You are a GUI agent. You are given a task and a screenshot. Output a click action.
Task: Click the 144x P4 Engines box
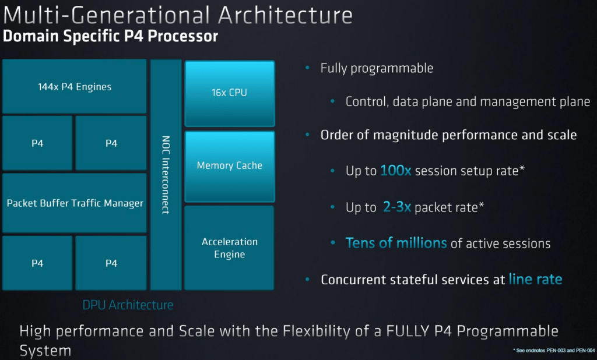click(74, 86)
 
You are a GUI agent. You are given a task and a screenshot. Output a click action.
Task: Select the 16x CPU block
click(230, 93)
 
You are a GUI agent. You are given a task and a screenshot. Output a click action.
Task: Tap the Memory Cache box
click(230, 166)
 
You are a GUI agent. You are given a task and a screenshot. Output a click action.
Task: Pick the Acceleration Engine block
click(229, 248)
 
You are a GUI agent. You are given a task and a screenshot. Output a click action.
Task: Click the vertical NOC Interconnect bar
click(166, 175)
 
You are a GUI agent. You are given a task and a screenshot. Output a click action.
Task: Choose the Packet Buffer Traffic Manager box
click(74, 203)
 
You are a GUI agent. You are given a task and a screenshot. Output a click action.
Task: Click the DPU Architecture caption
click(128, 305)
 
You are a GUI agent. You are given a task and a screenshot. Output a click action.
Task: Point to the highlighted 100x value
click(396, 171)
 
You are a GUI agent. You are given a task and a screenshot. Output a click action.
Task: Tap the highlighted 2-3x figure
click(396, 207)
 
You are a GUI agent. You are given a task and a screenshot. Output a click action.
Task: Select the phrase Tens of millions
click(396, 243)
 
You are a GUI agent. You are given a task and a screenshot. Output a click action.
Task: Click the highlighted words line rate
click(535, 279)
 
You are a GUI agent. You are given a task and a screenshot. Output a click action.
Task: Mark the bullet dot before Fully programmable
click(308, 68)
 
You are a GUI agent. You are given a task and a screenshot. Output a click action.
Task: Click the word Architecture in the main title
click(285, 15)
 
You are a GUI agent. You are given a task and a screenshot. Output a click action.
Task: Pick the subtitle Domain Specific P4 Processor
click(110, 36)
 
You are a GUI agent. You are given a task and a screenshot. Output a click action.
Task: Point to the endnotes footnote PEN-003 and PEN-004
click(554, 351)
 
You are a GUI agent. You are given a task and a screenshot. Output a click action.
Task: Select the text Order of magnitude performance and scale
click(448, 135)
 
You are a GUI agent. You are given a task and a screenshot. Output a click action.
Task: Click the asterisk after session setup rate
click(522, 168)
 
